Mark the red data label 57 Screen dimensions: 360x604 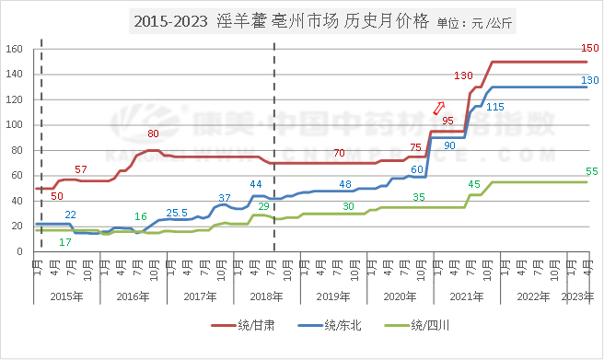coord(81,169)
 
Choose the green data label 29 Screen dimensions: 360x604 coord(263,206)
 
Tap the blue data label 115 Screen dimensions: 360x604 coord(495,107)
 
